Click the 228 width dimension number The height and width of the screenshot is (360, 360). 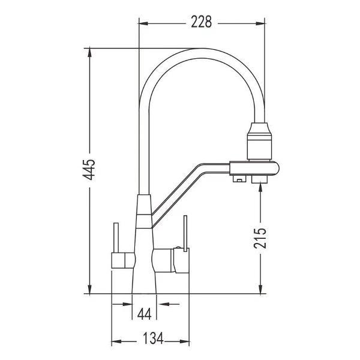[x=202, y=22]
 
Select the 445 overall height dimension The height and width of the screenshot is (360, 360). [x=89, y=169]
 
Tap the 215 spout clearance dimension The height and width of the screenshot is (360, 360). [x=260, y=238]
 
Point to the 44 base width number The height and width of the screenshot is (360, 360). [x=144, y=314]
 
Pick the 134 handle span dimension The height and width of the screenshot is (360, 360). [x=153, y=338]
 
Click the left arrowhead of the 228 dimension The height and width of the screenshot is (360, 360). [x=143, y=23]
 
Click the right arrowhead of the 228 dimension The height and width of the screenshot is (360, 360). [x=260, y=23]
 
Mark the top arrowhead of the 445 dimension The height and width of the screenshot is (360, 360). [x=90, y=53]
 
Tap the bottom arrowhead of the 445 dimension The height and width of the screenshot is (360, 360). [x=90, y=289]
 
